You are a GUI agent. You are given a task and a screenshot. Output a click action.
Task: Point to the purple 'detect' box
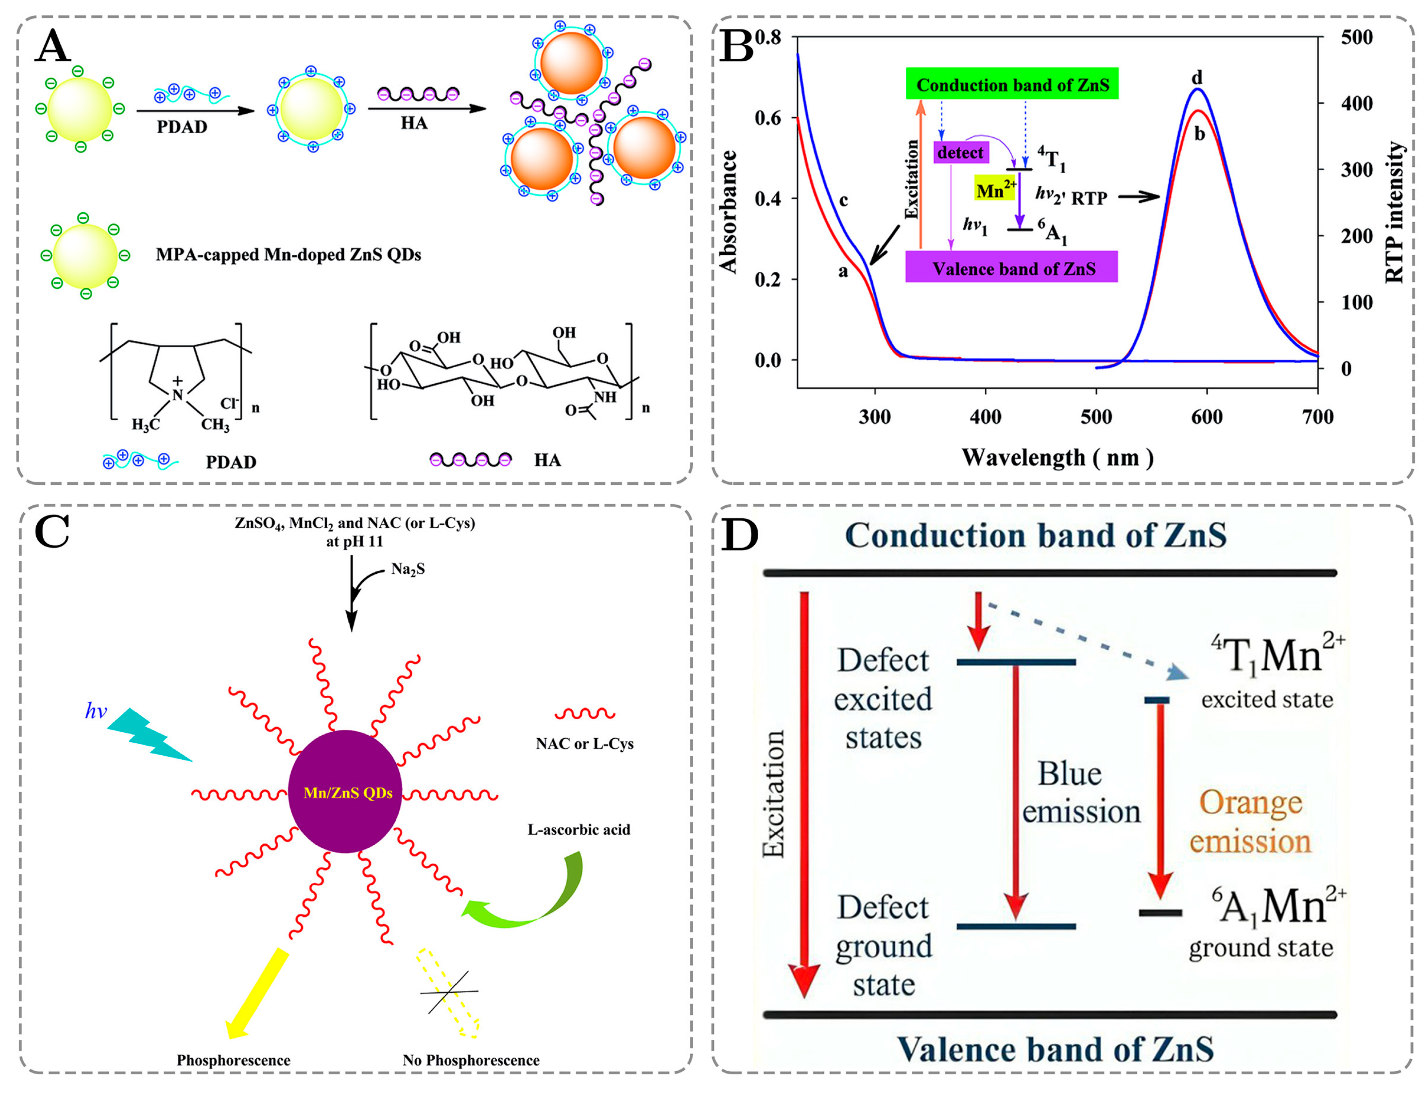(x=961, y=153)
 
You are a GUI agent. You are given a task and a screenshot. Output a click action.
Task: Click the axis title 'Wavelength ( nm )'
(x=1057, y=457)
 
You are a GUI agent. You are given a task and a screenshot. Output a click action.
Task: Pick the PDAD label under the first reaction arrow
(x=182, y=126)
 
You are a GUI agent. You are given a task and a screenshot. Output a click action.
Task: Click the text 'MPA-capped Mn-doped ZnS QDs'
(x=288, y=254)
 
